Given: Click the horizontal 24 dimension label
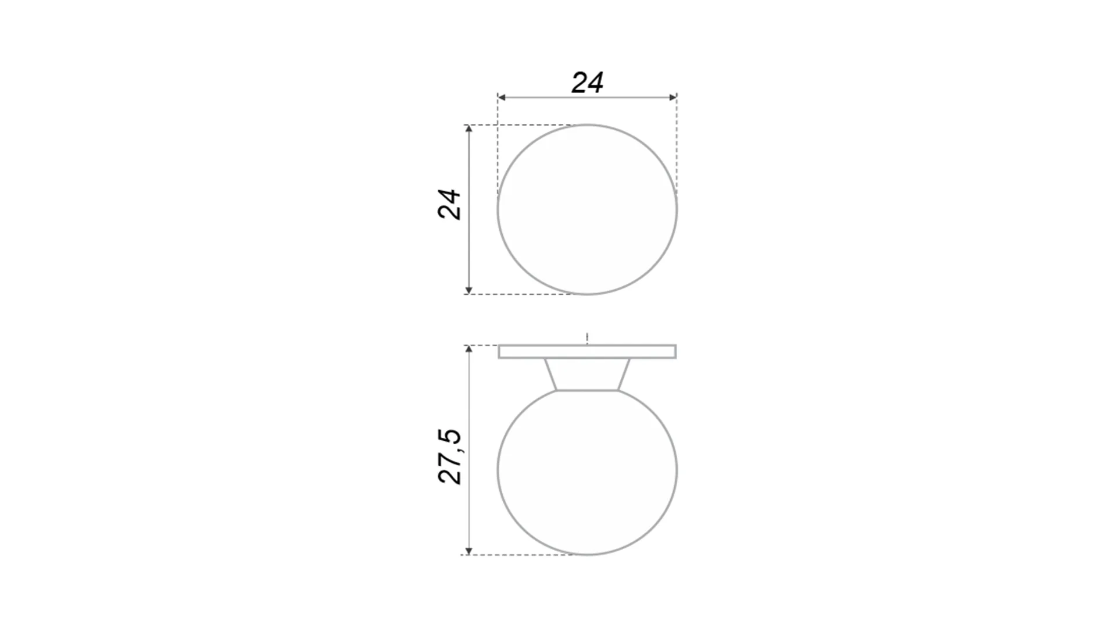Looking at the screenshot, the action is click(587, 83).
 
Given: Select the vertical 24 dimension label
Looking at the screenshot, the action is click(449, 204).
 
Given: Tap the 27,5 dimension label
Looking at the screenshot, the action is click(449, 456).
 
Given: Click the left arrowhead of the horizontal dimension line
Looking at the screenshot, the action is click(502, 97).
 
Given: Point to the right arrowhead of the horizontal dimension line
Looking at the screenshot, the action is click(673, 97).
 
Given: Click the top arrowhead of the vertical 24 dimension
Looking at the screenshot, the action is click(469, 129).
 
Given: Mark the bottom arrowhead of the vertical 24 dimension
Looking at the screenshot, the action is click(469, 290).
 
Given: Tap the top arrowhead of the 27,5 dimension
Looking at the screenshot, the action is click(469, 349).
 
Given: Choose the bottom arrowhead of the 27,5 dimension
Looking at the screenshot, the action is click(469, 551).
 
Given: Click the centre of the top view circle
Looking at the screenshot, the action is click(587, 209).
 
